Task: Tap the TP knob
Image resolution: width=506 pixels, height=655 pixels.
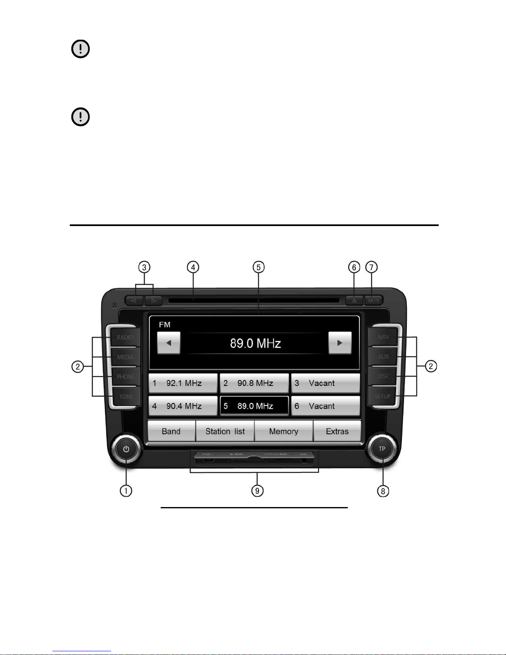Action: tap(382, 449)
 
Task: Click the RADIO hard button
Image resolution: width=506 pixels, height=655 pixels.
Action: tap(125, 337)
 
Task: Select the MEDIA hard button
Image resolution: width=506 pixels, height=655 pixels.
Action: tap(125, 357)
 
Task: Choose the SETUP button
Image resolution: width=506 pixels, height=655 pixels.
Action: tap(382, 396)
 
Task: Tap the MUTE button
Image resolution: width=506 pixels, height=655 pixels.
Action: tap(374, 300)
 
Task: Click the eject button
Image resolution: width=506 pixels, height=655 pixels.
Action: tap(354, 300)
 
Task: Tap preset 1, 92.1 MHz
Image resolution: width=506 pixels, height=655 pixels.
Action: tap(183, 383)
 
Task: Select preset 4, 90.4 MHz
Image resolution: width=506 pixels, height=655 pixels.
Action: tap(183, 406)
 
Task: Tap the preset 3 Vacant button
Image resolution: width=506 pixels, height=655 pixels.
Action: tap(325, 383)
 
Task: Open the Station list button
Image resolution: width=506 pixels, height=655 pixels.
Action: tap(225, 431)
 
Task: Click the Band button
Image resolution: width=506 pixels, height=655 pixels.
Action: tap(171, 431)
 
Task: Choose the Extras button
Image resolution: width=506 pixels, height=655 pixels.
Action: tap(337, 431)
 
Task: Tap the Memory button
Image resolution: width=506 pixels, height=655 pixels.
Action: tap(284, 431)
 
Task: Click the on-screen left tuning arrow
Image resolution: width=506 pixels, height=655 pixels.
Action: tap(169, 343)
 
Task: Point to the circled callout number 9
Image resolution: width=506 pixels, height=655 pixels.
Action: tap(257, 491)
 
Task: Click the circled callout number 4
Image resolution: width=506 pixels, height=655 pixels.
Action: tap(193, 267)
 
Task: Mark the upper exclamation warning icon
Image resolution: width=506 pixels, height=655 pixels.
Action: tap(81, 49)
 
